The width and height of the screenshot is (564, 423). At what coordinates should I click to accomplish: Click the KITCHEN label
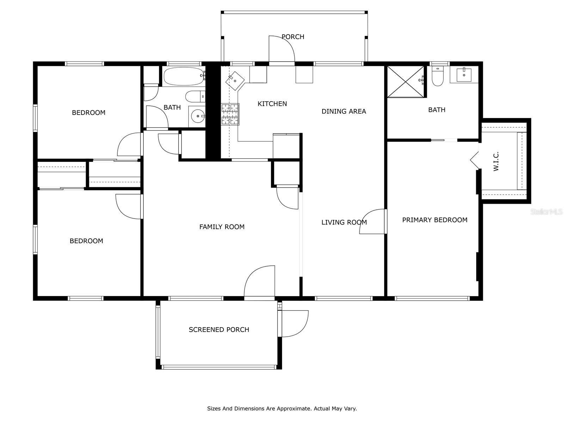tap(272, 104)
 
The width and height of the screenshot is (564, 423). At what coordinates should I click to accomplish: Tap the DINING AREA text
tap(344, 111)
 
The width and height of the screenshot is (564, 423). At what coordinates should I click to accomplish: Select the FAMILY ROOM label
tap(222, 227)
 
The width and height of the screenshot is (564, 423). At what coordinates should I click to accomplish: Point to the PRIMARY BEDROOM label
tap(435, 220)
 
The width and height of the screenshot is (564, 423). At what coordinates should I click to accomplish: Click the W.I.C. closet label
tap(496, 161)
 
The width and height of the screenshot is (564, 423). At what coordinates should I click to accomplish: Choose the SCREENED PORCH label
tap(219, 330)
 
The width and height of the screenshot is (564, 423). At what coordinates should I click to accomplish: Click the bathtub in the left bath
tap(183, 76)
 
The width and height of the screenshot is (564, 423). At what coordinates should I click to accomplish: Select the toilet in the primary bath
tap(437, 78)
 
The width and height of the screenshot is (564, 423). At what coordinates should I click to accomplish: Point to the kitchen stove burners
tap(230, 114)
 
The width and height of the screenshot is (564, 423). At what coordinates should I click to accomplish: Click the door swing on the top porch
tap(281, 49)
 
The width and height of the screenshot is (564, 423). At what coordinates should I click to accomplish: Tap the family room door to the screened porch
tap(259, 281)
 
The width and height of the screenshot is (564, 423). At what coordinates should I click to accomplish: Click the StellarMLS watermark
tap(546, 212)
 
